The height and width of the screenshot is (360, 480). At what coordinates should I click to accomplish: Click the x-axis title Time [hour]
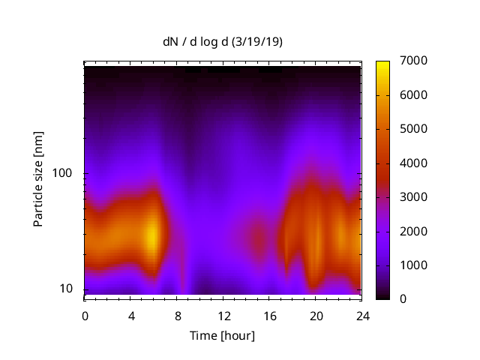(x=222, y=335)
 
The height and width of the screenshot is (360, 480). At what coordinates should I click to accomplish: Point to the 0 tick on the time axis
(x=85, y=316)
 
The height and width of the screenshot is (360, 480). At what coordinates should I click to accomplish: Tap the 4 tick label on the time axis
(x=131, y=316)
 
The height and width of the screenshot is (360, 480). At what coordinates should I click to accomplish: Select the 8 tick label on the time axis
(x=177, y=316)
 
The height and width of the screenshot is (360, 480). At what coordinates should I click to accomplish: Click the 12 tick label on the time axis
(x=223, y=316)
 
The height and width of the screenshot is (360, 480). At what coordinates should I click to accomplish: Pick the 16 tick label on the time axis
(x=269, y=316)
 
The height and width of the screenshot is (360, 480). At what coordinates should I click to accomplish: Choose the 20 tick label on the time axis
(x=316, y=316)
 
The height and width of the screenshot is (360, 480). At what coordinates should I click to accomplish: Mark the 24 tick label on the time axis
(x=361, y=316)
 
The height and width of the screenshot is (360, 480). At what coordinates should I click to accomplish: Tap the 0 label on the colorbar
(x=404, y=299)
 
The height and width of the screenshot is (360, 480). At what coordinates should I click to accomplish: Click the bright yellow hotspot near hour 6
(x=152, y=235)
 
